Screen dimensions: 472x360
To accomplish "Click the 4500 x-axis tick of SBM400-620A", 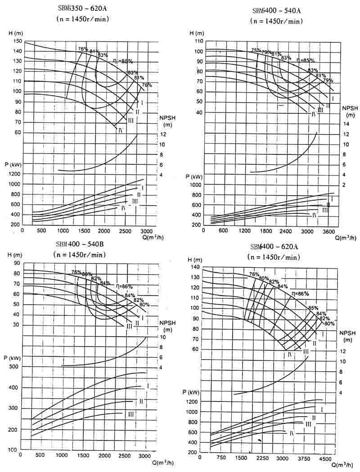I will click(x=325, y=459).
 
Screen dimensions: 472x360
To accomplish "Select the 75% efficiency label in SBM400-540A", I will click(x=256, y=50).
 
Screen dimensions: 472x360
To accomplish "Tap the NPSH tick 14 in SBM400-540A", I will click(x=346, y=124).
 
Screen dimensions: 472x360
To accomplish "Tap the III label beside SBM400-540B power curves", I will click(x=131, y=414).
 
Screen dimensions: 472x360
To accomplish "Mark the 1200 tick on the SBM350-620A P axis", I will click(x=14, y=174).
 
